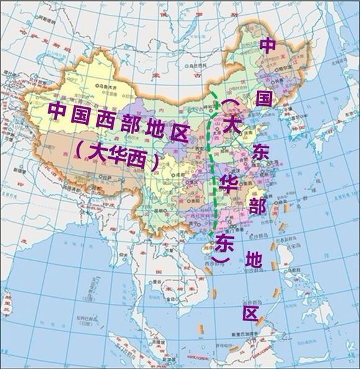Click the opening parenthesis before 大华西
coord(79,149)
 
